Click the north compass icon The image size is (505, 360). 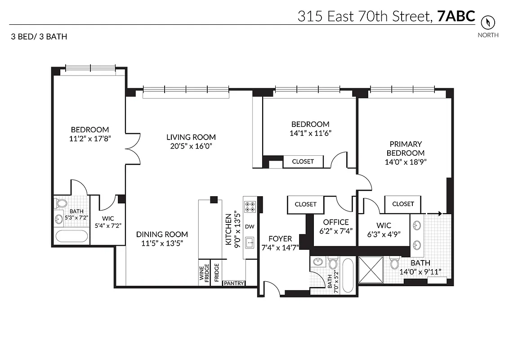[487, 22]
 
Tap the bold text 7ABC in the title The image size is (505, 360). [456, 16]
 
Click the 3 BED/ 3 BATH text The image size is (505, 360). [39, 36]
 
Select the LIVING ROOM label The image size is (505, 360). [191, 137]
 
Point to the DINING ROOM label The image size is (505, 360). [162, 234]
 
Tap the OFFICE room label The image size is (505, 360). [336, 222]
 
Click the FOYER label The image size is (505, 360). [280, 238]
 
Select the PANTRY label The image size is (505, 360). [234, 283]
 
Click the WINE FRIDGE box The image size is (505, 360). [204, 273]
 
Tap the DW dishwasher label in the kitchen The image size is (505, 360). [250, 226]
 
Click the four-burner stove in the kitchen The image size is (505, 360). [250, 207]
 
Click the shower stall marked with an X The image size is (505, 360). [371, 270]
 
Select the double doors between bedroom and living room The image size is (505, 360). [133, 148]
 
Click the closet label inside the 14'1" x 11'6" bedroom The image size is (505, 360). [303, 161]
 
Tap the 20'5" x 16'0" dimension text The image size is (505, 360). [191, 146]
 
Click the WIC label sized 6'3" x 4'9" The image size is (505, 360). [384, 225]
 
